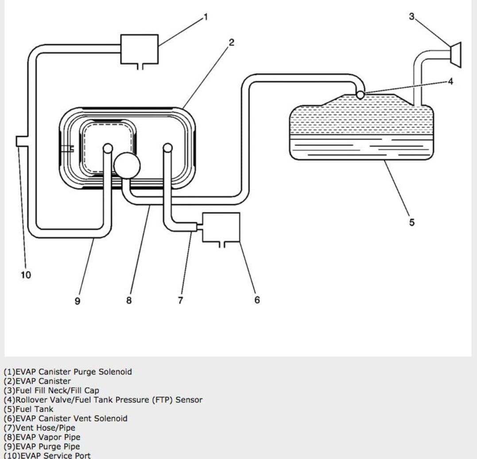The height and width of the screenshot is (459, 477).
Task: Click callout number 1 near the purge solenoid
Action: [206, 17]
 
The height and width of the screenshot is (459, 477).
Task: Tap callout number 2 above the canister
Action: [232, 43]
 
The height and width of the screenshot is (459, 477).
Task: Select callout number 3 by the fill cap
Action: [411, 16]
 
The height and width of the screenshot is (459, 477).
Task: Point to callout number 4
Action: [450, 82]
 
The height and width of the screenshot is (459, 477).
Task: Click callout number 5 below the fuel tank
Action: [412, 222]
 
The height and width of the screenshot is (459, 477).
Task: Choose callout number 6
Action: [257, 300]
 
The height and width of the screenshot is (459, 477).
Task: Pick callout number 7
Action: [181, 300]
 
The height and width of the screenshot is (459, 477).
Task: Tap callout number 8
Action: [129, 300]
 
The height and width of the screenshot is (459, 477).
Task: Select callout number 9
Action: [78, 301]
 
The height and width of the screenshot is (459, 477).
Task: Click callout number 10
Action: [26, 275]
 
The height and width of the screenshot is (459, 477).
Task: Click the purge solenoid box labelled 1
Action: [140, 49]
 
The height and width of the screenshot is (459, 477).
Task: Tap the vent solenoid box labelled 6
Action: [221, 227]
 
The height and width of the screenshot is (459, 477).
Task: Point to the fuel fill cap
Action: [456, 55]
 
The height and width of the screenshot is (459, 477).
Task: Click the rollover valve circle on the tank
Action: [360, 95]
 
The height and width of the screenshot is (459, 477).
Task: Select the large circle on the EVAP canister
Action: [127, 166]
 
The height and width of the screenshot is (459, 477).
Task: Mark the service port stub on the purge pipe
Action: [19, 141]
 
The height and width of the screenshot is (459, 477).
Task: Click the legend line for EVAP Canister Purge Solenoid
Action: [68, 372]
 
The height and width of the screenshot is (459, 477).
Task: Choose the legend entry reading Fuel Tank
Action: [28, 409]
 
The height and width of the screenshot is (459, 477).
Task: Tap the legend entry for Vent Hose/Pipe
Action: [39, 428]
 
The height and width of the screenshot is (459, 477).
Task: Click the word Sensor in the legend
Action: [189, 400]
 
